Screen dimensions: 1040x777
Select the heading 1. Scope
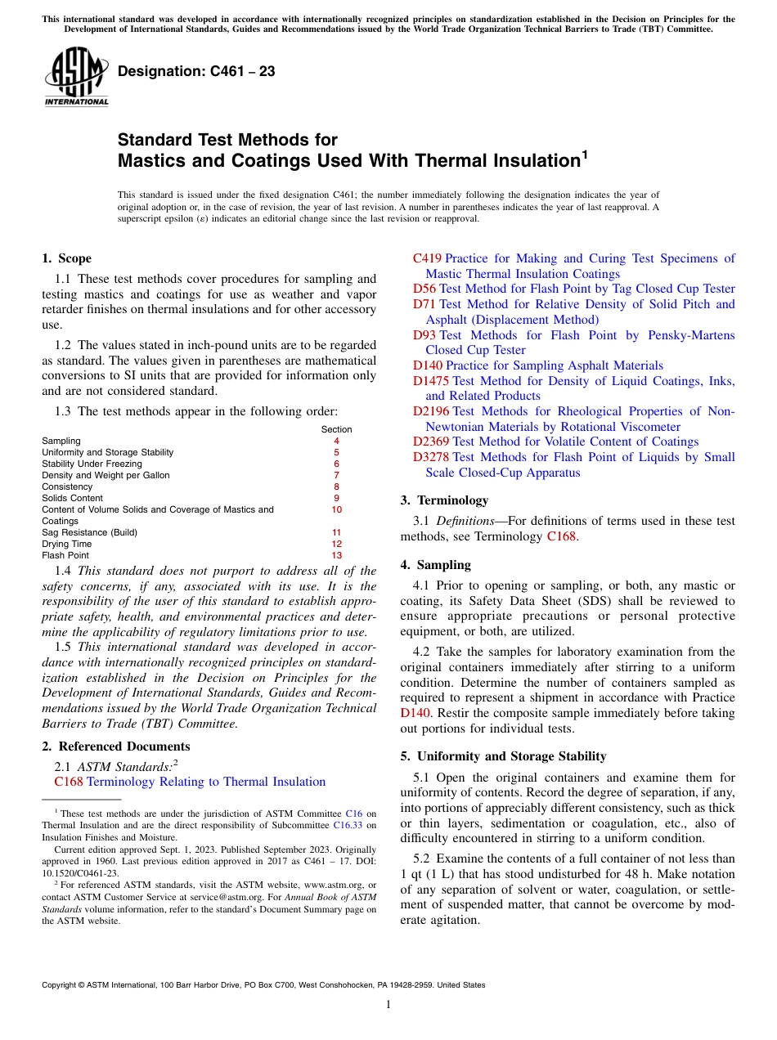point(66,258)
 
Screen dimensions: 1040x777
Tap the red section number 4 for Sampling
point(336,441)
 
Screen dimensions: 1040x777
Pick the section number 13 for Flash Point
point(336,555)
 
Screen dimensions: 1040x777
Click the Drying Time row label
point(66,544)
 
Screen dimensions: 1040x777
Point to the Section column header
point(336,429)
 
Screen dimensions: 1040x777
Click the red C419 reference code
point(427,258)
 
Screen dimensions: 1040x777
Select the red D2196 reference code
point(431,411)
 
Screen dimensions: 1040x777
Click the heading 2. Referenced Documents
point(115,746)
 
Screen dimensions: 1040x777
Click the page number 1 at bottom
point(388,1004)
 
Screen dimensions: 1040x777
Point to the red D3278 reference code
point(431,457)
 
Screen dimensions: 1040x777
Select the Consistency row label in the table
point(67,486)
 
